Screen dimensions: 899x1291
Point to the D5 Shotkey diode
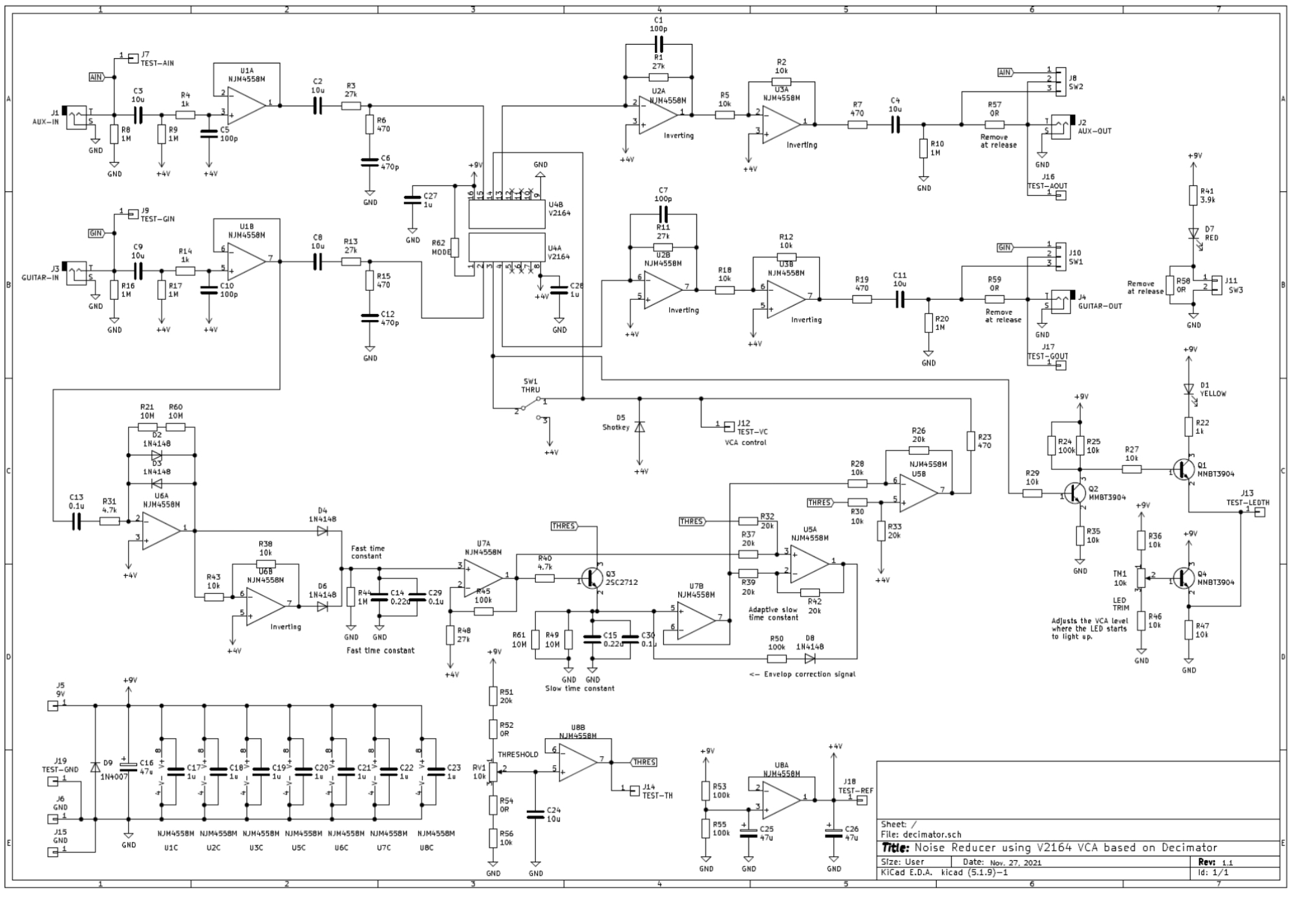click(x=639, y=427)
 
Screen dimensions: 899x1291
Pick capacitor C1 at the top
click(x=658, y=44)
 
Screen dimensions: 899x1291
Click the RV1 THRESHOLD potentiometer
click(x=493, y=771)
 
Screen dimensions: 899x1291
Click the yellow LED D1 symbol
click(x=1188, y=389)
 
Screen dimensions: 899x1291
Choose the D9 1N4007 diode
click(x=95, y=767)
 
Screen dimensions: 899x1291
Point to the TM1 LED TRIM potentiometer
click(x=1141, y=578)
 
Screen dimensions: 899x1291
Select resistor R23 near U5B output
click(x=970, y=441)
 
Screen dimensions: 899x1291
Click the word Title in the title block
click(x=895, y=848)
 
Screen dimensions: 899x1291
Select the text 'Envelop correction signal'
click(x=809, y=674)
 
